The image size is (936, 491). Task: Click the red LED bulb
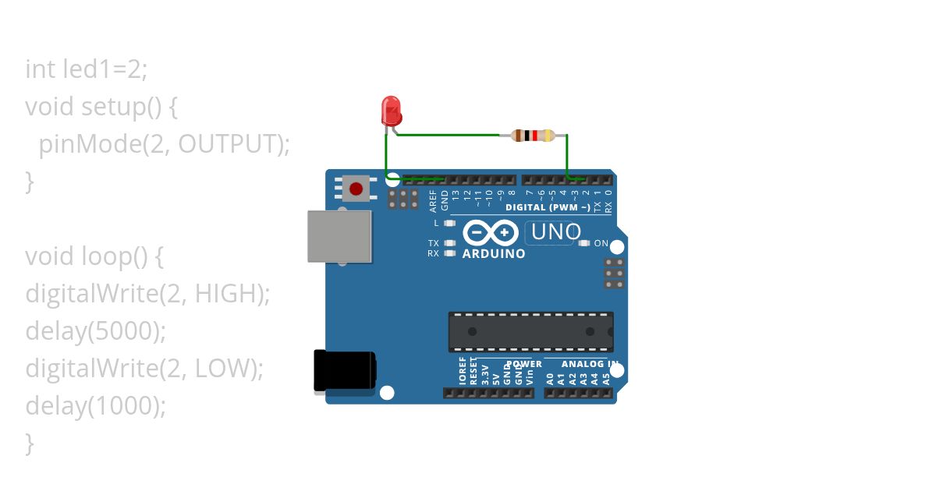pyautogui.click(x=391, y=111)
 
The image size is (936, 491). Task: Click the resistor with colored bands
pyautogui.click(x=533, y=136)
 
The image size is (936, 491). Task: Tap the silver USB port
pyautogui.click(x=339, y=236)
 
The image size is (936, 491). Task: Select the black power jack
pyautogui.click(x=344, y=370)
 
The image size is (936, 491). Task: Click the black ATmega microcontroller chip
pyautogui.click(x=530, y=331)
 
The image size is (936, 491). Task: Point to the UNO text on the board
pyautogui.click(x=556, y=232)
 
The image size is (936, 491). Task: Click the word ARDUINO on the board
pyautogui.click(x=494, y=254)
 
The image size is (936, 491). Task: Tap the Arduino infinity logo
pyautogui.click(x=491, y=233)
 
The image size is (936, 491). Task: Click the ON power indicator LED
pyautogui.click(x=584, y=243)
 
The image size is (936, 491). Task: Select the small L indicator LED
pyautogui.click(x=449, y=223)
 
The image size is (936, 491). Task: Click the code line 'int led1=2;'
pyautogui.click(x=87, y=69)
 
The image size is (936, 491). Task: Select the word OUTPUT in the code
pyautogui.click(x=226, y=143)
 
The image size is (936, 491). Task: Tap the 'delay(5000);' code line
pyautogui.click(x=96, y=331)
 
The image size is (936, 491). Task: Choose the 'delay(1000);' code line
pyautogui.click(x=96, y=406)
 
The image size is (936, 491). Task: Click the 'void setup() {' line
pyautogui.click(x=101, y=106)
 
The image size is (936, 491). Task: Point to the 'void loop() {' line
pyautogui.click(x=94, y=256)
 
